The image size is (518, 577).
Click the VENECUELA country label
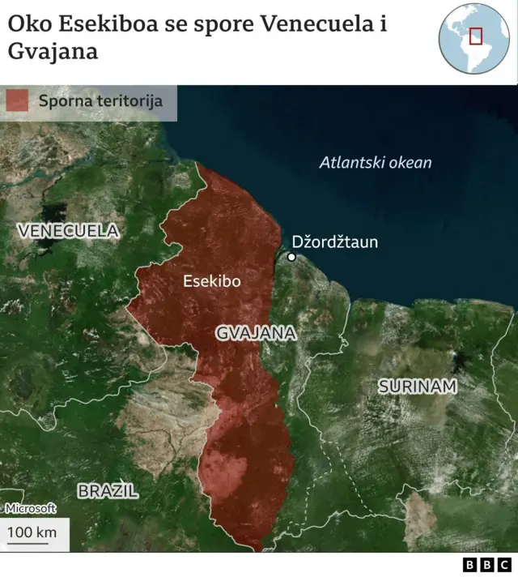[x=68, y=231]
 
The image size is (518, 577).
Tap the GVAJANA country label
[x=256, y=333]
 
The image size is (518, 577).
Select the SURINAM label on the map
[x=418, y=387]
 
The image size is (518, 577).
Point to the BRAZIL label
[x=108, y=490]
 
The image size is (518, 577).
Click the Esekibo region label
[x=212, y=281]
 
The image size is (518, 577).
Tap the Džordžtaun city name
[x=334, y=241]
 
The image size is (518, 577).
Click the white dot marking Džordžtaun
[x=291, y=257]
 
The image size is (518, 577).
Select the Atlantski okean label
[x=376, y=162]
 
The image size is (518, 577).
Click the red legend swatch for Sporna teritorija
[x=17, y=101]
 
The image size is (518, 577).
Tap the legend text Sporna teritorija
[x=100, y=101]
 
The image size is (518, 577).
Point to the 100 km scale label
[x=32, y=532]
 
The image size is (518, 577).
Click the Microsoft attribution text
[x=30, y=508]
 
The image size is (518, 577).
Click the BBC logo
[x=486, y=565]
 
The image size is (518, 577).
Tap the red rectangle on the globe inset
[x=476, y=36]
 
